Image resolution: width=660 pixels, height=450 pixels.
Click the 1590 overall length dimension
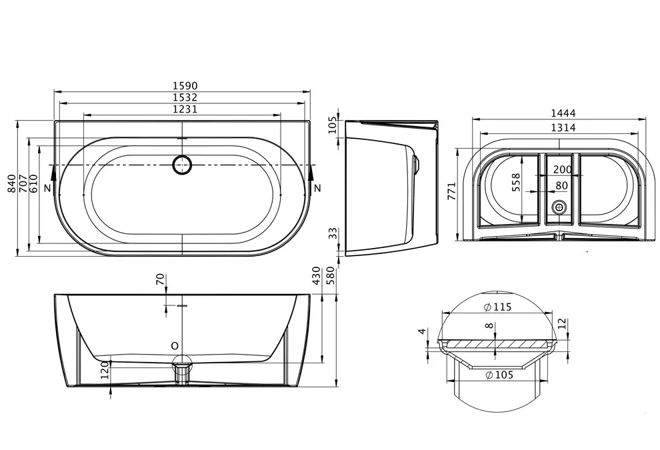(x=185, y=86)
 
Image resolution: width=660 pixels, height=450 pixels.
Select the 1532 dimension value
(x=185, y=97)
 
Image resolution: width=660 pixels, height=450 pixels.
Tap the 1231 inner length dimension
(x=185, y=109)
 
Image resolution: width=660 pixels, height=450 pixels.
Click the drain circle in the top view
(x=182, y=165)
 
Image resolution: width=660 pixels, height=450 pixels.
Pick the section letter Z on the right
(x=317, y=188)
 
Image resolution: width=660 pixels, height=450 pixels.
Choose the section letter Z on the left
(x=47, y=188)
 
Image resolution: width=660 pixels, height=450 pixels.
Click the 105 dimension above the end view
(x=333, y=125)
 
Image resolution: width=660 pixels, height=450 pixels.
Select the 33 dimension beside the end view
(x=333, y=233)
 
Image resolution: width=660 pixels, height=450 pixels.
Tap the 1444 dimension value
(x=563, y=113)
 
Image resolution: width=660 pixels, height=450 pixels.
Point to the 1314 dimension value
(x=563, y=127)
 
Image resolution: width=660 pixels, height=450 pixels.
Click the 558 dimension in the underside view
(x=515, y=182)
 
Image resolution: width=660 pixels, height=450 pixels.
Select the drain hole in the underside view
(x=559, y=207)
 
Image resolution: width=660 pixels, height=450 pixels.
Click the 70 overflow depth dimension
(x=161, y=279)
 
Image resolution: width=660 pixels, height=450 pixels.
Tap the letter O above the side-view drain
(x=175, y=346)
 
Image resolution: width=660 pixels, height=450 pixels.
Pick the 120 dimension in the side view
(x=105, y=369)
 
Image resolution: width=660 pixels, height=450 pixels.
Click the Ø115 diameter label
(x=498, y=307)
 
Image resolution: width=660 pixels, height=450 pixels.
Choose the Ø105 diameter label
(x=499, y=375)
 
